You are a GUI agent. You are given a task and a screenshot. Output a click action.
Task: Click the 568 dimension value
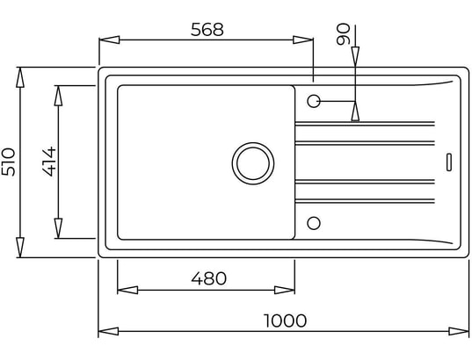(207, 30)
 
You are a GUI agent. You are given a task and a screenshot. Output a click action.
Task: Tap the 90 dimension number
(344, 34)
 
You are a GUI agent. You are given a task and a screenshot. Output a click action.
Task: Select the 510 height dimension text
(8, 162)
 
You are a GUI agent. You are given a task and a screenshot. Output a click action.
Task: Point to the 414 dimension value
(49, 161)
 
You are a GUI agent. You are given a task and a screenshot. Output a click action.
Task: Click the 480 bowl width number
(209, 278)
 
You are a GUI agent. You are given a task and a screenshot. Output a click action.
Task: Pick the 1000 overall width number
(285, 320)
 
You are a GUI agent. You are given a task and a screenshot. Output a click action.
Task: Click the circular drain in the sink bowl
(253, 163)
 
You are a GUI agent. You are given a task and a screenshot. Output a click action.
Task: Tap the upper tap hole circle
(314, 101)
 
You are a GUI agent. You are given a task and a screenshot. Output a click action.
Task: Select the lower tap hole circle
(314, 223)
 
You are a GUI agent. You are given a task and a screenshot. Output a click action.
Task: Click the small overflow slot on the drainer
(449, 162)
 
